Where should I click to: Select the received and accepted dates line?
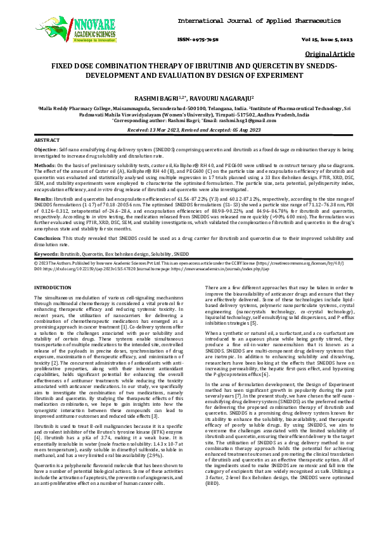(188, 128)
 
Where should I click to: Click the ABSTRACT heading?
(47, 139)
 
